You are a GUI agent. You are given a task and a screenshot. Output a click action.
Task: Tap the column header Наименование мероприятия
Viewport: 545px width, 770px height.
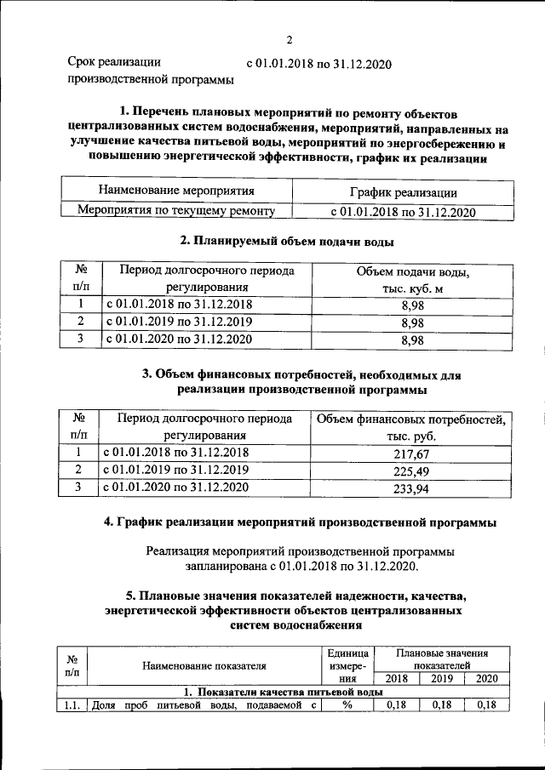pyautogui.click(x=176, y=191)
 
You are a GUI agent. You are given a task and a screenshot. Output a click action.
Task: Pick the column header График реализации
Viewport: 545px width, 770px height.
pyautogui.click(x=403, y=192)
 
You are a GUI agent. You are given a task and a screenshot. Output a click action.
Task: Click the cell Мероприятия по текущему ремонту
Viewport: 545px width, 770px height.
pyautogui.click(x=176, y=210)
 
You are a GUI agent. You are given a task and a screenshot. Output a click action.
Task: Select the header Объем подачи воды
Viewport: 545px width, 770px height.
pyautogui.click(x=412, y=271)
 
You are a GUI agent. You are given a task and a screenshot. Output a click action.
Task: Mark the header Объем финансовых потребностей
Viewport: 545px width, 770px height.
pyautogui.click(x=410, y=419)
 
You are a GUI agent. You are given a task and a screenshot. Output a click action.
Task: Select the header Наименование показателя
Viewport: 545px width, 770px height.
pyautogui.click(x=204, y=664)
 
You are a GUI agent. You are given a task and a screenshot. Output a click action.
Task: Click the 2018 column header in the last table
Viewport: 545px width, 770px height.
pyautogui.click(x=396, y=678)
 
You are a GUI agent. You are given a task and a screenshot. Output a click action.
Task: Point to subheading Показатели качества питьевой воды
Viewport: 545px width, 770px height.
pyautogui.click(x=272, y=692)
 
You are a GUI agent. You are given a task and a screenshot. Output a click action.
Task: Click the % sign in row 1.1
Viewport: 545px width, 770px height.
pyautogui.click(x=347, y=705)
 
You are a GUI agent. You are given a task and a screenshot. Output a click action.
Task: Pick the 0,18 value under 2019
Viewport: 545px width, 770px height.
pyautogui.click(x=441, y=705)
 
